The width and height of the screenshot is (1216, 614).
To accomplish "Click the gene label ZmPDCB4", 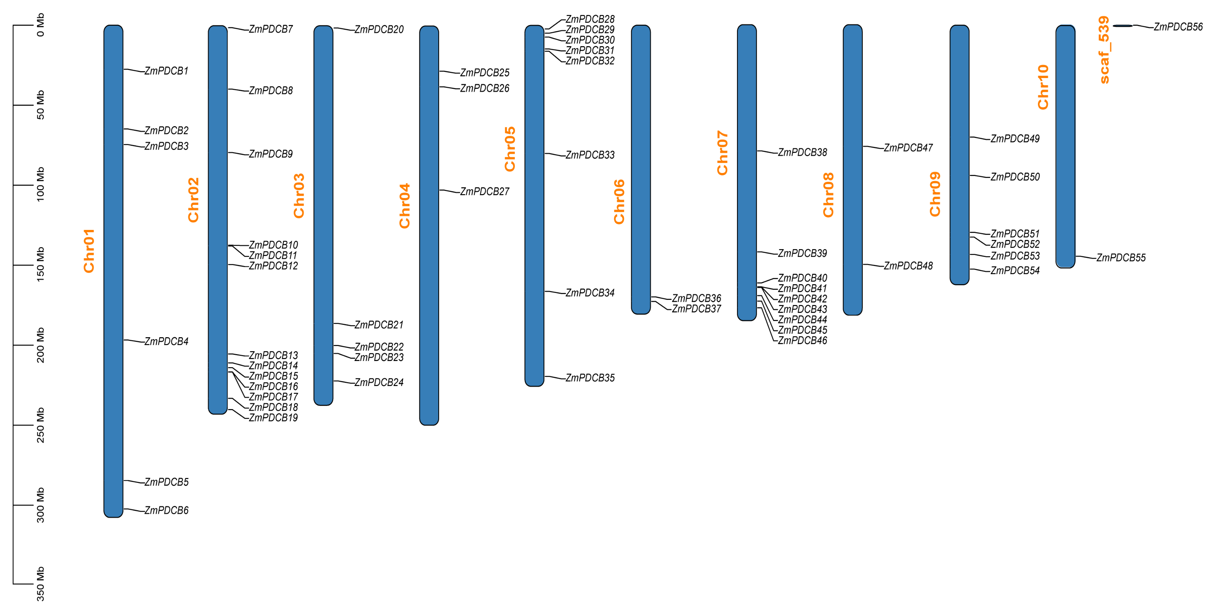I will coord(166,341).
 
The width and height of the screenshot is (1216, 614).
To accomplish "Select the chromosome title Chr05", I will coord(510,149).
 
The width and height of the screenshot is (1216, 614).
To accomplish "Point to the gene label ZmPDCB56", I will coord(1178,27).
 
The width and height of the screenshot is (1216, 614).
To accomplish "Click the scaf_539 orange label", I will coord(1104,50).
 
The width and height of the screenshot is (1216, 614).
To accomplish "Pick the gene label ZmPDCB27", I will coord(484,191).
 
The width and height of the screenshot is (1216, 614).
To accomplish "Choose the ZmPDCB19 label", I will coord(273,418).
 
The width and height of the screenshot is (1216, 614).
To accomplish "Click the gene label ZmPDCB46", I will coord(802,341).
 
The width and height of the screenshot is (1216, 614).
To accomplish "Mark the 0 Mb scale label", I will coord(41,25).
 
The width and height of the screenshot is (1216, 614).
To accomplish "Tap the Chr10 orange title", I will coord(1043,87).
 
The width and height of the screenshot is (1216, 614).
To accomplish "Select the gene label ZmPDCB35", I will coord(590,378).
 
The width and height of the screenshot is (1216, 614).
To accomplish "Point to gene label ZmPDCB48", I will coord(908,266).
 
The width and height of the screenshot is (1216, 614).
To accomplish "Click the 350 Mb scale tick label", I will coord(41,584).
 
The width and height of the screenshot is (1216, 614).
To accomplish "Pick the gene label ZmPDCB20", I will coord(379,30).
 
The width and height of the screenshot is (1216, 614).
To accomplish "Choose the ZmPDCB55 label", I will coord(1121,258).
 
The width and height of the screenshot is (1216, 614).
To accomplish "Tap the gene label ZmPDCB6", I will coord(166,510).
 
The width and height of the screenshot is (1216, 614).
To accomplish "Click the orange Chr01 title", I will coord(89,251).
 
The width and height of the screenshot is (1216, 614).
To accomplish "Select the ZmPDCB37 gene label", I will coord(696,309).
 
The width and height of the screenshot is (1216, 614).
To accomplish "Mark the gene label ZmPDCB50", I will coord(1015,177).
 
